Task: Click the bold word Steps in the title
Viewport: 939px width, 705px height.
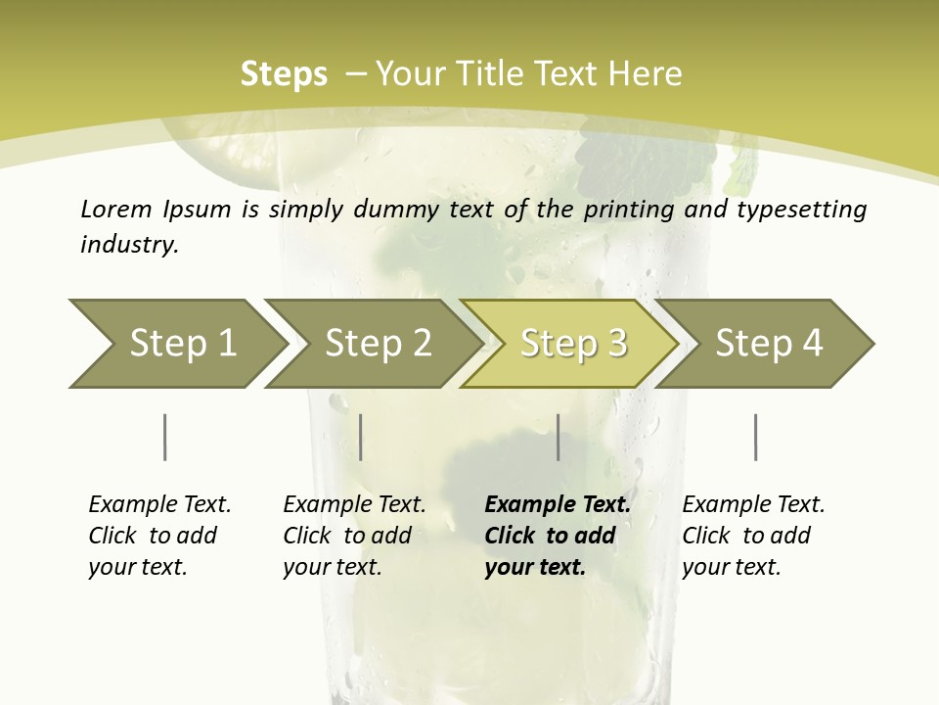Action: point(284,74)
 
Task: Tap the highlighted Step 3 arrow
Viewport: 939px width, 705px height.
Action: point(573,343)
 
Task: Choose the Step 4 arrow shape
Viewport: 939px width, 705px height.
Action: point(769,343)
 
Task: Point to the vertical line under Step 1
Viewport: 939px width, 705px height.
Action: point(165,437)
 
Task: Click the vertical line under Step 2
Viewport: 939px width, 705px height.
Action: point(361,437)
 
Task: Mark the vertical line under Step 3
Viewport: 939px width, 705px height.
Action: point(558,437)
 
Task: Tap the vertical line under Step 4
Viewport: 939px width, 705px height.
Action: point(755,437)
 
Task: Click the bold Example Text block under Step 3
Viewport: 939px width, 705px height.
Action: point(558,536)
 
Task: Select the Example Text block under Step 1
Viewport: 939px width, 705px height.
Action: point(159,536)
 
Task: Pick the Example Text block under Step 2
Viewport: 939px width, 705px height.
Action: point(354,536)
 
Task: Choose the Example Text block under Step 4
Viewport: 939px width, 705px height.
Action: point(753,536)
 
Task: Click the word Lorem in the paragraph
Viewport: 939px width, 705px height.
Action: point(116,209)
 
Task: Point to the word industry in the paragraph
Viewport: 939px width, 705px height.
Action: point(129,245)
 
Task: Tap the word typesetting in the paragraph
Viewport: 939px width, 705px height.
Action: point(807,209)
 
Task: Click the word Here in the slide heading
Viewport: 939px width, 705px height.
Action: point(648,74)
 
